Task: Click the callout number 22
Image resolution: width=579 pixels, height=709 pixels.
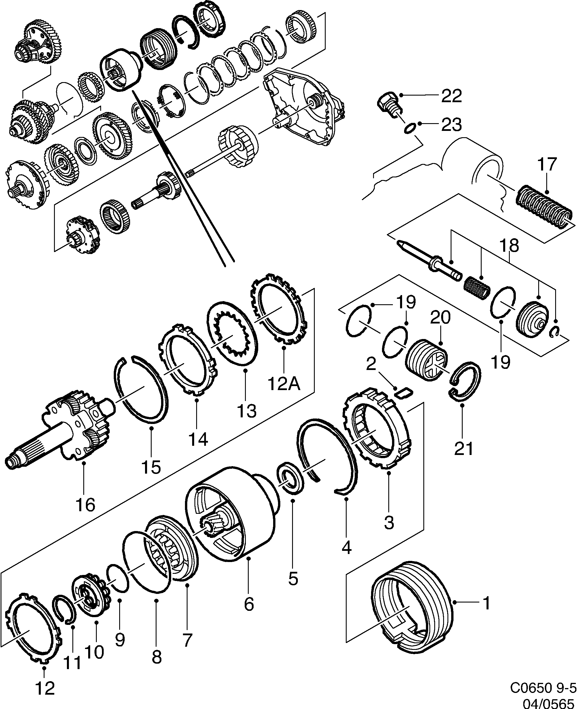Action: pos(451,96)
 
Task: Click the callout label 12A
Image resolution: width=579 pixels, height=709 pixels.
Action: pos(284,384)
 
